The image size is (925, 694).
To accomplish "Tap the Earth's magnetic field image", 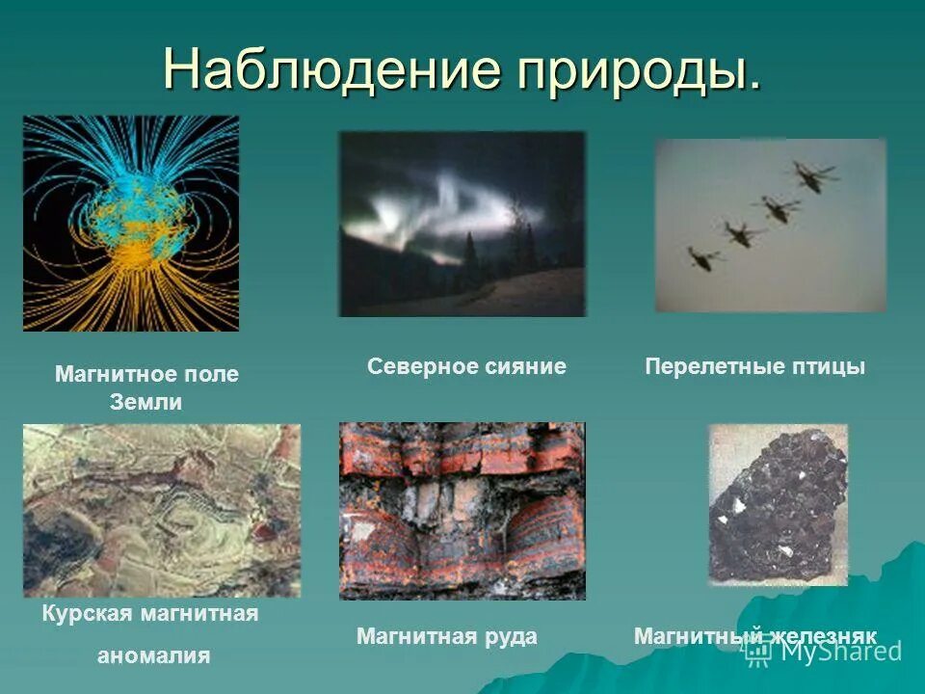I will click(131, 224).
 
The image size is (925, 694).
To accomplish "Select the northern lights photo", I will click(462, 225).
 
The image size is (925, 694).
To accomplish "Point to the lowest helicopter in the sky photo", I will click(702, 256).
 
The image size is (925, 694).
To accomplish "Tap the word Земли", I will click(146, 403).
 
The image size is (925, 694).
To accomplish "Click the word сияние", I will click(519, 366).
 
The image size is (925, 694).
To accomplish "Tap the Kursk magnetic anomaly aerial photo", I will click(162, 510).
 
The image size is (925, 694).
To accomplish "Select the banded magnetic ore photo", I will click(462, 511).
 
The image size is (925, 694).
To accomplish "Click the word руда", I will click(510, 636).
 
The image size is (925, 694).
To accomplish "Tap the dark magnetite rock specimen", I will click(779, 505).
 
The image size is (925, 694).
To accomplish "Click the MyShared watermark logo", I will click(824, 651).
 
